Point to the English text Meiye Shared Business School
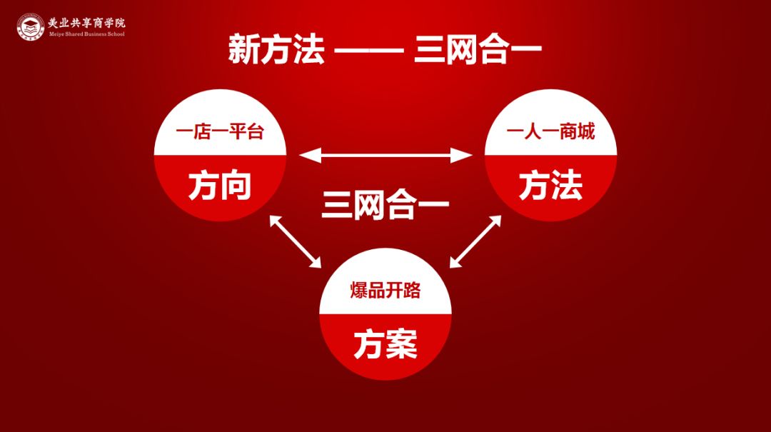point(86,34)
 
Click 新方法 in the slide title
point(276,50)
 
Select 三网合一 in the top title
point(478,50)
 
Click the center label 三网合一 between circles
point(385,206)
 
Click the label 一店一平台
point(220,132)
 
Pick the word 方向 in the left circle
point(220,186)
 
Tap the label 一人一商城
point(550,132)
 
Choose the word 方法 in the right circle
point(550,186)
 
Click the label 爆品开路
point(385,291)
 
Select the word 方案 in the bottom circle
point(385,345)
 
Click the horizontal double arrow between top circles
point(385,154)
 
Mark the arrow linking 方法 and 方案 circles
point(475,241)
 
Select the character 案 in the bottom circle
point(402,345)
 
